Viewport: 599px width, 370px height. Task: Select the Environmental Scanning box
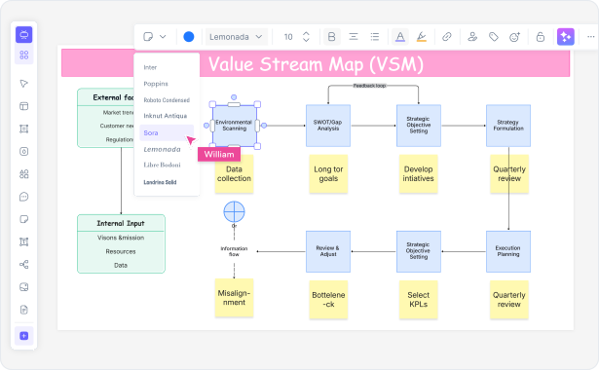pos(234,126)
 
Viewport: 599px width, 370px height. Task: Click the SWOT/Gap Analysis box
pos(327,126)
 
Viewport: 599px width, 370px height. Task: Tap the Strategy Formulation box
pos(507,126)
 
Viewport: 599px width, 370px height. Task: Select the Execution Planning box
pos(507,251)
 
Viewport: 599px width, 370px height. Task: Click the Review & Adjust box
pos(327,251)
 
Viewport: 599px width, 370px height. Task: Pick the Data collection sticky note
pos(234,171)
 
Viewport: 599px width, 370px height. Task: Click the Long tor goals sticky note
pos(327,172)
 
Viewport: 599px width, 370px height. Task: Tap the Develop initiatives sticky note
pos(418,172)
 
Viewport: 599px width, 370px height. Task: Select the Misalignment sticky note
pos(234,297)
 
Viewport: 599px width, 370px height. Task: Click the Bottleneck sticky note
pos(327,298)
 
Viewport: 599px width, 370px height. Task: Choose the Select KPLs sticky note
pos(418,298)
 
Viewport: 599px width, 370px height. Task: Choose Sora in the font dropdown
pos(151,132)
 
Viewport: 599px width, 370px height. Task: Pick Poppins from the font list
pos(155,84)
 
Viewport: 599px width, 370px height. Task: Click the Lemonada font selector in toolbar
pos(236,37)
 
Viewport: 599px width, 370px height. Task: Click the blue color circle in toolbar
pos(189,37)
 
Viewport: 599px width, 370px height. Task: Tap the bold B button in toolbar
pos(332,37)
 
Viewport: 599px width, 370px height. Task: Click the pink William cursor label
pos(219,154)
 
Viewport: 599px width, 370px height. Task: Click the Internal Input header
pos(121,222)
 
